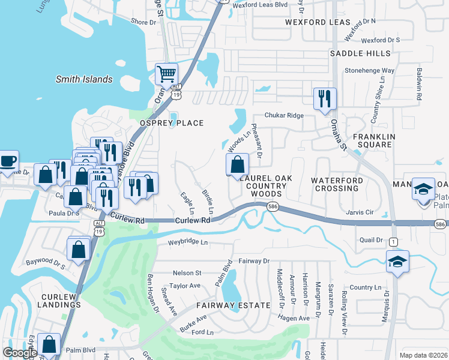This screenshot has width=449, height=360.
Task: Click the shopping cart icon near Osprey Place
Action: pos(166,75)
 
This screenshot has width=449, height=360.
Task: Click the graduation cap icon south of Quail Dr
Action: pos(397,262)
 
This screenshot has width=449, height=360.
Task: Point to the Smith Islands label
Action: pos(84,79)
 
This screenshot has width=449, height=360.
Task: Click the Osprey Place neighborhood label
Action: pos(172,123)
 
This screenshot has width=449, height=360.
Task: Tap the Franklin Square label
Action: pos(373,141)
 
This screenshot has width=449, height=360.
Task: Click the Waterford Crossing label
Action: pos(337,184)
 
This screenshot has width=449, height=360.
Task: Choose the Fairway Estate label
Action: pos(233,305)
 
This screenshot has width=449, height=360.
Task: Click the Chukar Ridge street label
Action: pos(286,116)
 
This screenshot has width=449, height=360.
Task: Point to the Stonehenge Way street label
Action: pos(369,70)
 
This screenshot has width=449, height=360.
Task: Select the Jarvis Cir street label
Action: pos(360,212)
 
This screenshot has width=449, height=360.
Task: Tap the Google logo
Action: pos(20,352)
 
